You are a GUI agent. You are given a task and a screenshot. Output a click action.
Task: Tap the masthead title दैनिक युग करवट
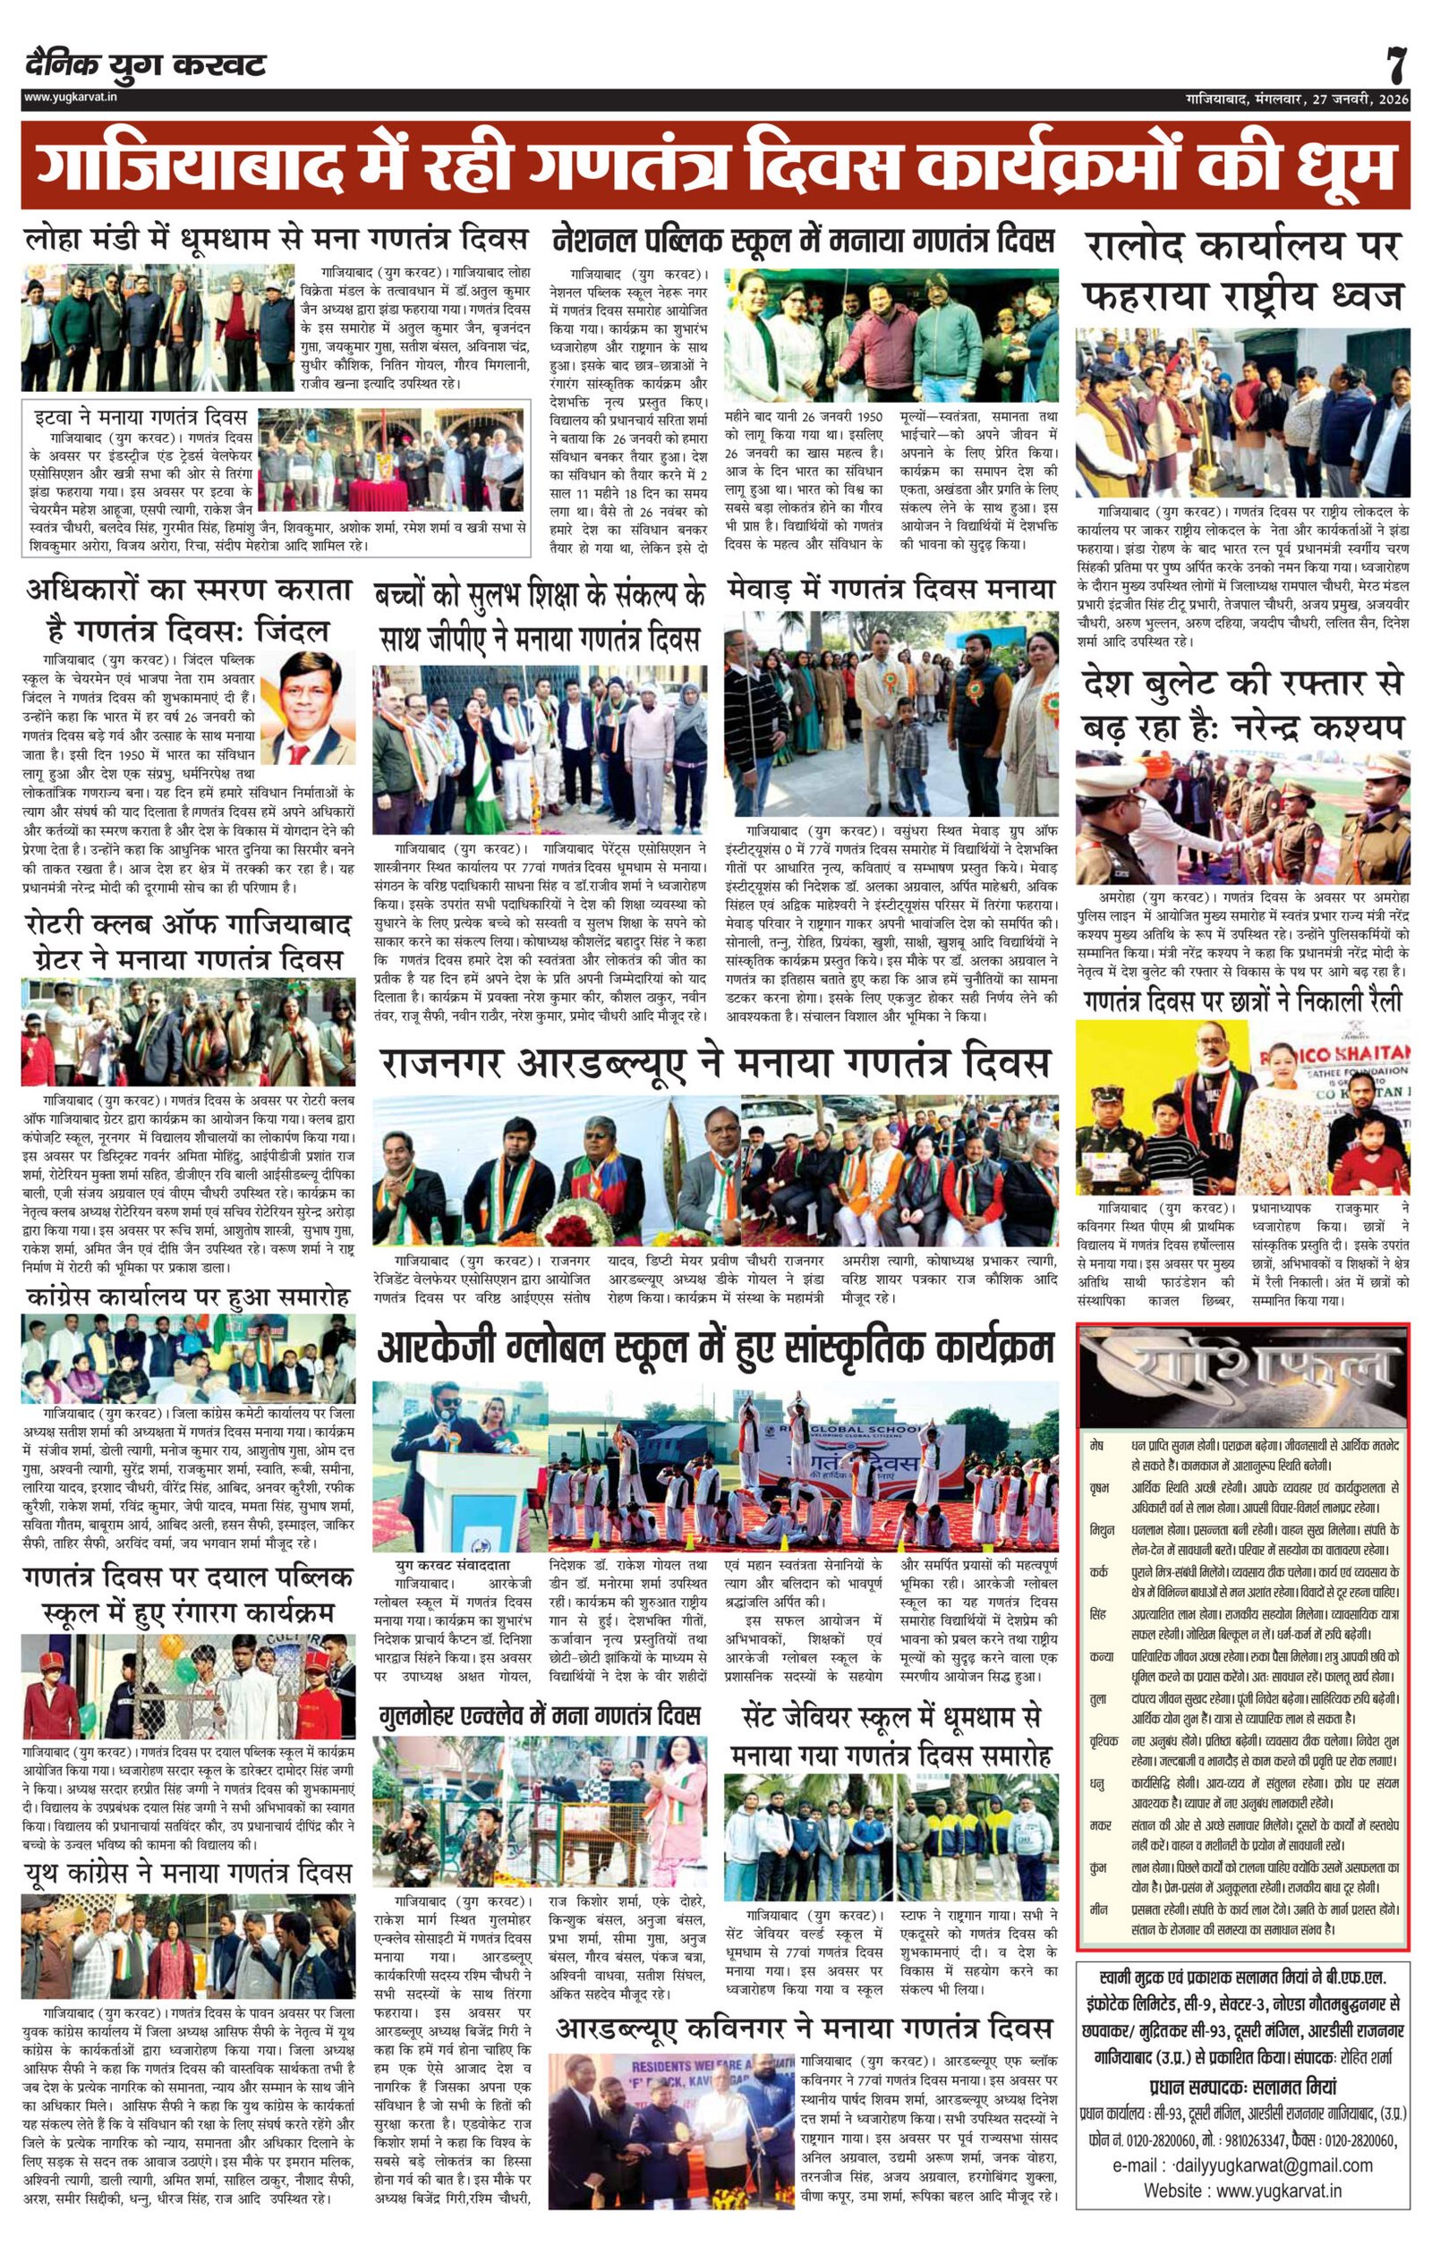(x=146, y=64)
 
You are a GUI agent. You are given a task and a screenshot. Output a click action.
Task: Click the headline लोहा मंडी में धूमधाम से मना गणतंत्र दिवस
(x=275, y=240)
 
